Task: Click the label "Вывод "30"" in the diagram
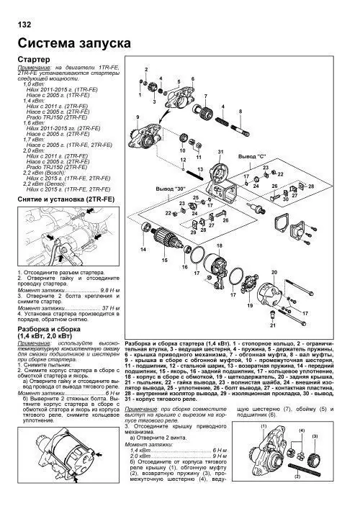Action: (162, 188)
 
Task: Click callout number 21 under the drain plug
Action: (273, 326)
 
